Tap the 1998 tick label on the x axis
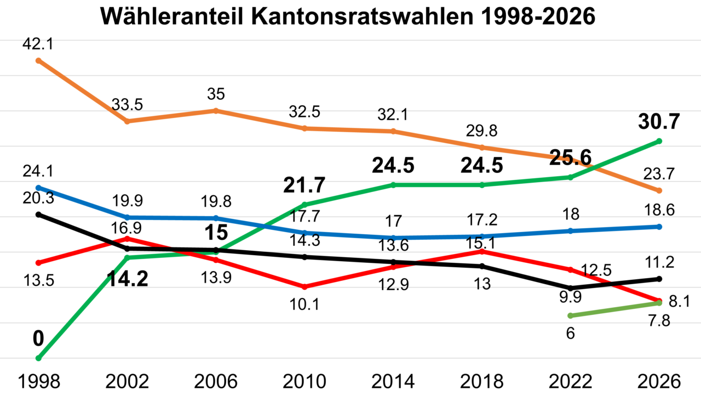tap(38, 381)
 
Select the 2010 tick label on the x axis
tap(305, 381)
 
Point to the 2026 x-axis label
tap(659, 381)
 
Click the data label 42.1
tap(38, 44)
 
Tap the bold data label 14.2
tap(127, 280)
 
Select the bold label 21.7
tap(305, 186)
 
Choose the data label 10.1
tap(305, 303)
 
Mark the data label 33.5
tap(127, 104)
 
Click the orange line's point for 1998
tap(38, 60)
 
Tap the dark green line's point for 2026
tap(659, 141)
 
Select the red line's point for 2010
tap(305, 287)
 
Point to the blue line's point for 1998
tap(38, 188)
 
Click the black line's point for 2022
tap(570, 288)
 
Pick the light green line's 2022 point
tap(570, 315)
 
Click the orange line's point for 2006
tap(216, 111)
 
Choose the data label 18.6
tap(659, 210)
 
